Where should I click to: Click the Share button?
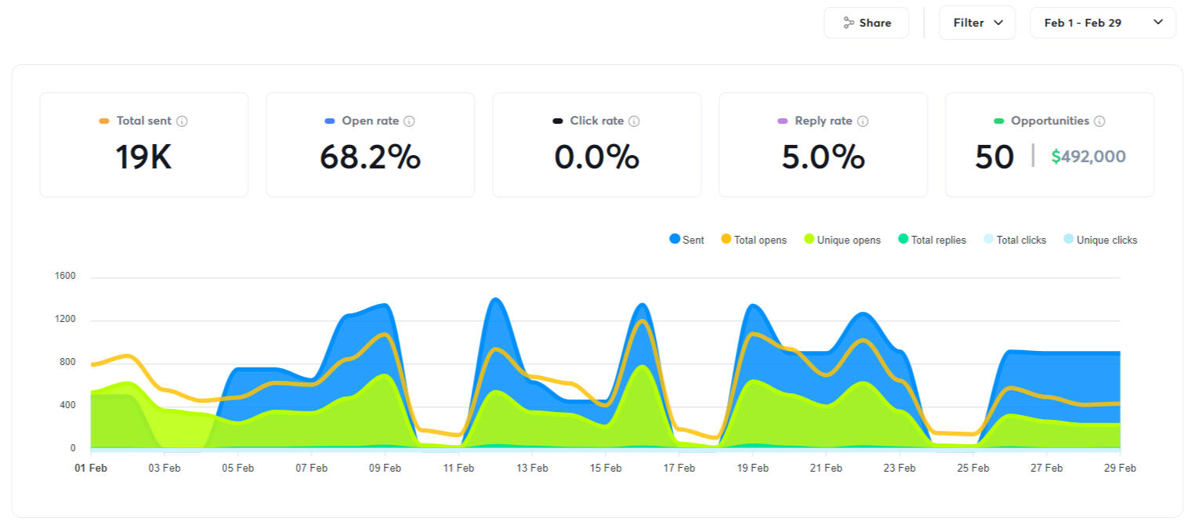[x=866, y=23]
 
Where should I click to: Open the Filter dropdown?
[x=976, y=23]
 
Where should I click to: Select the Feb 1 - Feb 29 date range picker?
[x=1102, y=23]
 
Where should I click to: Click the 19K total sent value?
[x=143, y=157]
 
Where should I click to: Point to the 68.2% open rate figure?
[x=370, y=157]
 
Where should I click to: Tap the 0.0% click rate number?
[x=596, y=157]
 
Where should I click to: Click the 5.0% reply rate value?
[x=823, y=157]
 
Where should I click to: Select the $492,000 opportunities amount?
[x=1088, y=157]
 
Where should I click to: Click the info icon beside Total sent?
[x=183, y=121]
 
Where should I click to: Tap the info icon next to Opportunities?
[x=1099, y=121]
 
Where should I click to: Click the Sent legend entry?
[x=687, y=240]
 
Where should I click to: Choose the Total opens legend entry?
[x=754, y=240]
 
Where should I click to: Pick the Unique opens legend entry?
[x=842, y=240]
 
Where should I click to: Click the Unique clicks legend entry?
[x=1100, y=240]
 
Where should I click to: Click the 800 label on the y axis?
[x=67, y=363]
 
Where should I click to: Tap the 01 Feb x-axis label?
[x=92, y=469]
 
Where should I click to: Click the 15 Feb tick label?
[x=606, y=469]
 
